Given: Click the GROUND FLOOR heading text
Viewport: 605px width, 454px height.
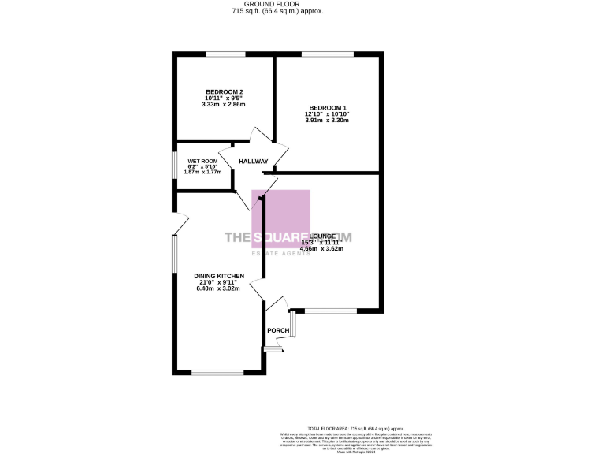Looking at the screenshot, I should [278, 4].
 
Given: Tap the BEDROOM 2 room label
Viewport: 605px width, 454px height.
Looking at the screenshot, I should [224, 91].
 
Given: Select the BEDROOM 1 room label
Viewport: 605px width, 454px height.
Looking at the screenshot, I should [327, 107].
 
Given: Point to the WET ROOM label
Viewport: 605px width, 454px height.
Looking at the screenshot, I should [202, 161].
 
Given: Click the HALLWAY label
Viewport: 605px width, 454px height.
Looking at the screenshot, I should [254, 162].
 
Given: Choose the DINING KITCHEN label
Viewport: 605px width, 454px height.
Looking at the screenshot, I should [219, 276].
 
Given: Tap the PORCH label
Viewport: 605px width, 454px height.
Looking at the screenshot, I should [277, 330].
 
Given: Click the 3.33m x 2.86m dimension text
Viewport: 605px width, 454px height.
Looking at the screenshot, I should [224, 105].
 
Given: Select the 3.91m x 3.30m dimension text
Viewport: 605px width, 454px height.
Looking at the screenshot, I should [327, 121].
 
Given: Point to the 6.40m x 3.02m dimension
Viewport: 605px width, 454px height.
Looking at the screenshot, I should [219, 288].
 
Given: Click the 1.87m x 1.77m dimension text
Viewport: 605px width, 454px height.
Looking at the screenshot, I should [202, 172].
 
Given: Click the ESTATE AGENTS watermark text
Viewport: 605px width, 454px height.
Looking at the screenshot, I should [280, 252].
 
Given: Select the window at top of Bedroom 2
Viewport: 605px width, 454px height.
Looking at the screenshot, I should [225, 54].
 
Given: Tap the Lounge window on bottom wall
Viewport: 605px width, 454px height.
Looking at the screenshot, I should [325, 311].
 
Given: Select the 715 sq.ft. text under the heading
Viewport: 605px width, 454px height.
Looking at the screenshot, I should [278, 12].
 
